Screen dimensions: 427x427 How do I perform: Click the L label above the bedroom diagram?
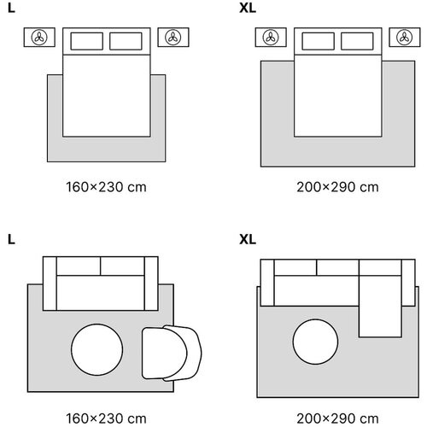tap(11, 9)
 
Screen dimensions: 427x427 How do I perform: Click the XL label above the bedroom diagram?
tap(248, 9)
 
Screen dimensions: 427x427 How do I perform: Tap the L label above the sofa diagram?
tap(11, 239)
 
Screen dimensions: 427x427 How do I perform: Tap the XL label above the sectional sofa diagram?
tap(248, 239)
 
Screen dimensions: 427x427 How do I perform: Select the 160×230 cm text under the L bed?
tap(106, 187)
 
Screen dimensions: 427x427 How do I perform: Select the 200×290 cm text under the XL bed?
tap(337, 187)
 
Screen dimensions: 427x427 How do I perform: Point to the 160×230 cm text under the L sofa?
tap(106, 418)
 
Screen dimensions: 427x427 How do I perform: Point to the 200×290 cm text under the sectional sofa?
tap(337, 418)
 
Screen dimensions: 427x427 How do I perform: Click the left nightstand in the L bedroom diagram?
tap(39, 37)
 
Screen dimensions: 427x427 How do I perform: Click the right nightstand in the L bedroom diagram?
tap(173, 37)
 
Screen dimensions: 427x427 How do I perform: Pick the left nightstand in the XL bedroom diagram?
tap(271, 37)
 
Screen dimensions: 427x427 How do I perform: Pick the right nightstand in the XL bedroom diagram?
tap(405, 37)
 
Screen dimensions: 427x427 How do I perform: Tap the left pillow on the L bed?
tap(87, 41)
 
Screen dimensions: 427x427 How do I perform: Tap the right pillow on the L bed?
tap(126, 41)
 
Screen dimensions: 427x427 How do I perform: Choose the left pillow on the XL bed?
tap(319, 41)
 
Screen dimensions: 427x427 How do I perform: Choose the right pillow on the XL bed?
tap(357, 41)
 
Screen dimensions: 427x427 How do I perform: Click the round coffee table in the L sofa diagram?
tap(97, 349)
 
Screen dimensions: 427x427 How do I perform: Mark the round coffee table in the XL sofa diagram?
tap(315, 342)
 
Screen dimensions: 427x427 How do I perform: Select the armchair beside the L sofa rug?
tap(172, 353)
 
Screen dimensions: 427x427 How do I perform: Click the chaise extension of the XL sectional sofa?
tap(380, 306)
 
